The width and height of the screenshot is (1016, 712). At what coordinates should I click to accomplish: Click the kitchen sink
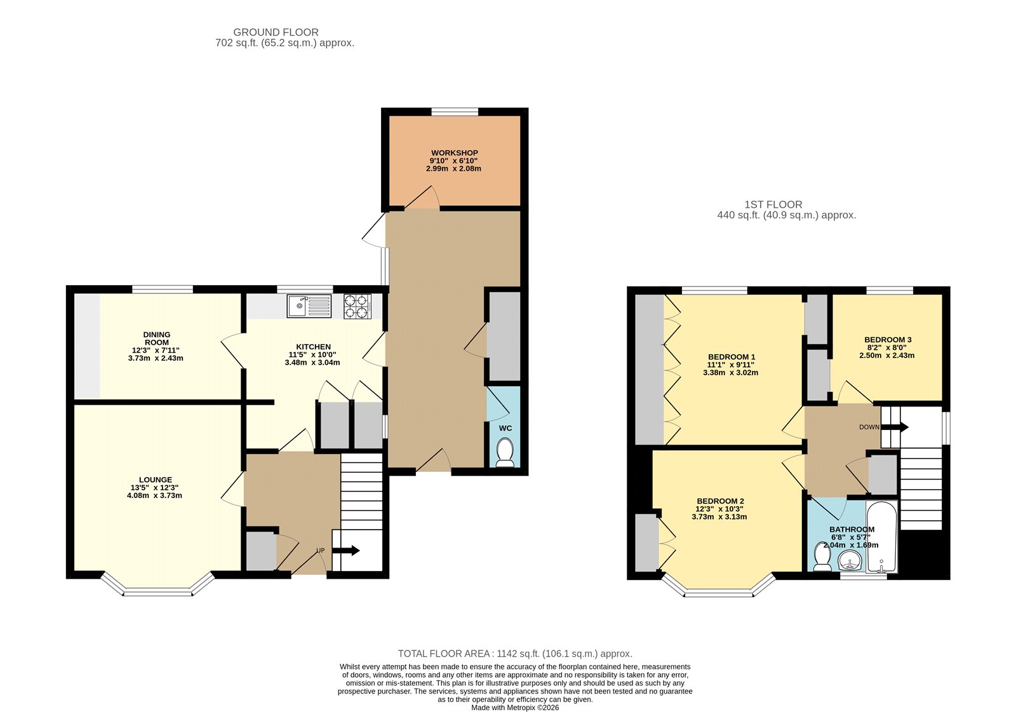[309, 306]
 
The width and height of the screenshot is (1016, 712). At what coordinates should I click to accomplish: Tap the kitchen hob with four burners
[358, 307]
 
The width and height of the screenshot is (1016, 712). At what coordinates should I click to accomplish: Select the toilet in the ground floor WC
[505, 452]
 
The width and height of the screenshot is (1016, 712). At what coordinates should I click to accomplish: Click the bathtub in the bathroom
[881, 536]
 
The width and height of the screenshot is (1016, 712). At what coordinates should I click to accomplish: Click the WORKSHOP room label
[454, 153]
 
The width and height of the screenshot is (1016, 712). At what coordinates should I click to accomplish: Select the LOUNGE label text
[156, 480]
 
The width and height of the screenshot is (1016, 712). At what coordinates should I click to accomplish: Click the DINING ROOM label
[156, 339]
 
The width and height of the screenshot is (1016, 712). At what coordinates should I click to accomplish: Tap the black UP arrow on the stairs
[345, 551]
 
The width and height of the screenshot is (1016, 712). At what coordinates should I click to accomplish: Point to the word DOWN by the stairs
[869, 427]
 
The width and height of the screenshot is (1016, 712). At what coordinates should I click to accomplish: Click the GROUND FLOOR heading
[276, 32]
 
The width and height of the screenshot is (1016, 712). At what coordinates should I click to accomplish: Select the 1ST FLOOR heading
[773, 205]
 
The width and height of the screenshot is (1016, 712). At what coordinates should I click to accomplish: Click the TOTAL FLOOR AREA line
[515, 654]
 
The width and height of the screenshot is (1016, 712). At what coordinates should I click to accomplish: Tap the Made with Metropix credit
[515, 708]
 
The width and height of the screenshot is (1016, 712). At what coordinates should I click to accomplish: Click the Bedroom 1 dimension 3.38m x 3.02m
[731, 373]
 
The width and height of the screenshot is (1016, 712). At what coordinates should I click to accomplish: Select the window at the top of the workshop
[455, 112]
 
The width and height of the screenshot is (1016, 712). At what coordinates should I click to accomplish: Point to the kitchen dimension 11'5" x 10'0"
[312, 355]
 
